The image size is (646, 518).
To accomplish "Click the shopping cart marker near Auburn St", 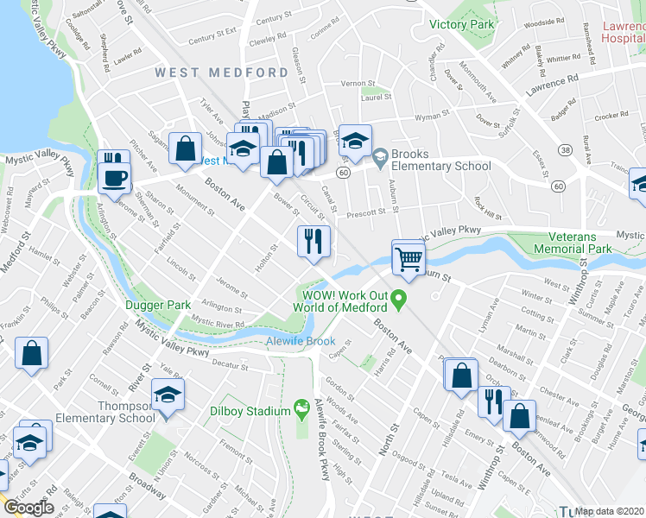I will pos(408,256).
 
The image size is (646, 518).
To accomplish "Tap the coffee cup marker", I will pos(114,179).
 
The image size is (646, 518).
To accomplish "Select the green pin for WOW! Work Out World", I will pos(398,300).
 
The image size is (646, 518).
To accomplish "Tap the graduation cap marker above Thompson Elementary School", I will pos(168,396).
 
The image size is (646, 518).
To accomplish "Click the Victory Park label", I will pos(462,24).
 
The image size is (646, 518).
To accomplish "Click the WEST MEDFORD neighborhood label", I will pos(222,73).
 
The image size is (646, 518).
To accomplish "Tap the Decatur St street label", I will pos(231,366).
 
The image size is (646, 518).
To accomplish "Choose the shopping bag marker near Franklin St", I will pos(31,353).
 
